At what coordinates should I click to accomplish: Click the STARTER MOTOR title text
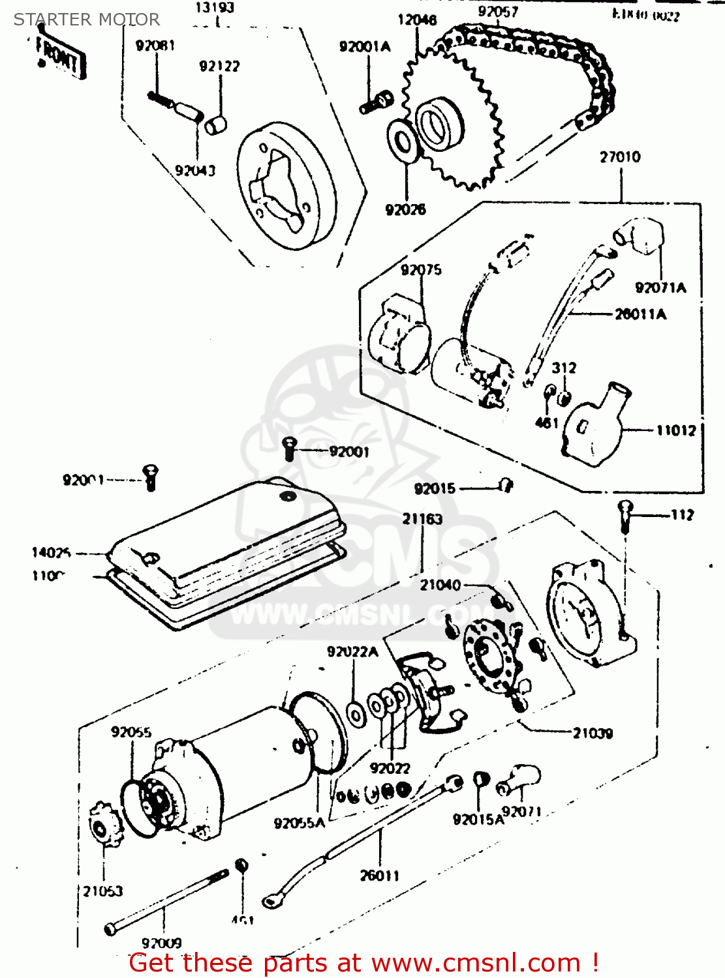click(x=87, y=20)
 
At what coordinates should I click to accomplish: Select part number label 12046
click(x=417, y=20)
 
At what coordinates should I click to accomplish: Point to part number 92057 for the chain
click(x=498, y=12)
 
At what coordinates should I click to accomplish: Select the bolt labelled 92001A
click(x=377, y=102)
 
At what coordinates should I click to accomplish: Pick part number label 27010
click(x=620, y=157)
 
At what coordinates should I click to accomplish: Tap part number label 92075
click(x=421, y=269)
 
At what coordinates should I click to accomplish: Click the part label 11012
click(x=676, y=430)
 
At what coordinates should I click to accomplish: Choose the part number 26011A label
click(x=640, y=314)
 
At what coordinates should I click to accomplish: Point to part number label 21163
click(x=422, y=519)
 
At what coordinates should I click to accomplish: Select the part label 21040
click(x=440, y=585)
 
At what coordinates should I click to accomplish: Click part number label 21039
click(x=593, y=733)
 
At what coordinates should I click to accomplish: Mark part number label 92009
click(x=162, y=943)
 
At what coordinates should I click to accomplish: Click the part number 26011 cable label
click(x=379, y=875)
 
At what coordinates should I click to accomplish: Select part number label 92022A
click(x=352, y=651)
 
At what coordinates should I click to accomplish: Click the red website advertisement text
click(x=363, y=963)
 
